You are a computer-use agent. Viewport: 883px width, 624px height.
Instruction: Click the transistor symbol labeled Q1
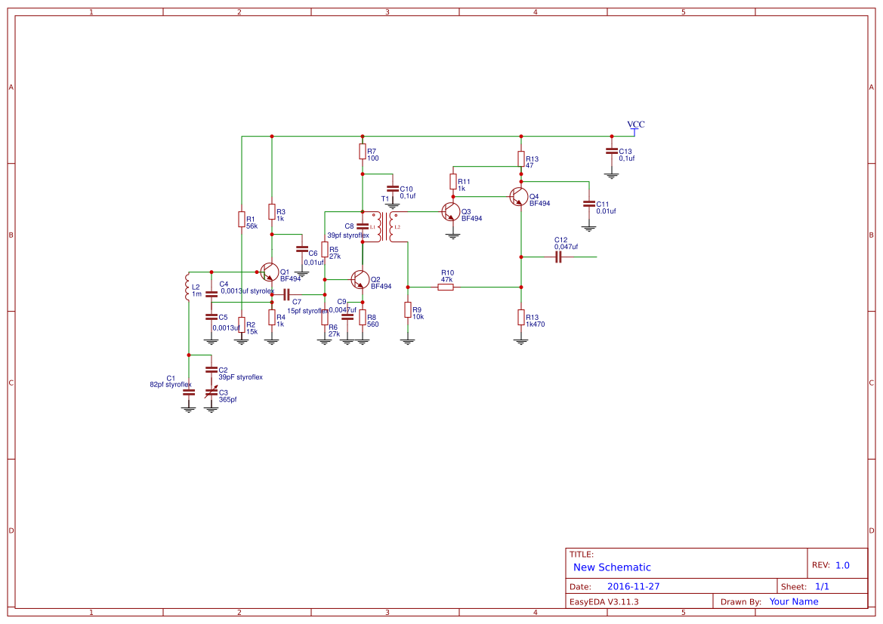pos(270,272)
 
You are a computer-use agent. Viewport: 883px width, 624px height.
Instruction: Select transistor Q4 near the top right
pos(519,197)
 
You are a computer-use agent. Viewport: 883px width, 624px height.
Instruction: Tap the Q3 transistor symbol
pos(451,212)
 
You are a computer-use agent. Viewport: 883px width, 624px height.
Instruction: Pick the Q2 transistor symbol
pos(360,280)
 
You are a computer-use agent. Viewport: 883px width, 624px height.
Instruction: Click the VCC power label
pos(635,124)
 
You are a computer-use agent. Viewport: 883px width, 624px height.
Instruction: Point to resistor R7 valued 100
pos(363,152)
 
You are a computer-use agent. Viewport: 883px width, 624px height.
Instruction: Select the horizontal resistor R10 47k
pos(446,287)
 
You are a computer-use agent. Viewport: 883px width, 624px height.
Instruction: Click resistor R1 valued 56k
pos(242,220)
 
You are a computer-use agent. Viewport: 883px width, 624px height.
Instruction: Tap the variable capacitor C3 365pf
pos(211,393)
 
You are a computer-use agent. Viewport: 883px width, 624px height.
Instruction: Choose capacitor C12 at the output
pos(558,257)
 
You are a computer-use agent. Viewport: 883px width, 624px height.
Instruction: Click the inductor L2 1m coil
pos(188,287)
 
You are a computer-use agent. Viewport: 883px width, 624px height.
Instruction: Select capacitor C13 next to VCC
pos(611,152)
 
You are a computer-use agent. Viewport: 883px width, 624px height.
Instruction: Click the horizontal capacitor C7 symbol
pos(286,294)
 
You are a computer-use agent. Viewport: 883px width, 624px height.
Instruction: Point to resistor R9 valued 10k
pos(408,310)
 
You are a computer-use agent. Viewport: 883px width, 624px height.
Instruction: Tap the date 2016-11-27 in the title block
pos(633,586)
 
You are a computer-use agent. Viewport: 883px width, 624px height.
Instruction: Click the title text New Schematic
pos(612,567)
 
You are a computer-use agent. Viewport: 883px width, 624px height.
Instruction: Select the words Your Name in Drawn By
pos(793,601)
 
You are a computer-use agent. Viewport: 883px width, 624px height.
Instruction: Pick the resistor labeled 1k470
pos(520,317)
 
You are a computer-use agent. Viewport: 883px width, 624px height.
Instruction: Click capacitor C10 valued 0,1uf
pos(392,188)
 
